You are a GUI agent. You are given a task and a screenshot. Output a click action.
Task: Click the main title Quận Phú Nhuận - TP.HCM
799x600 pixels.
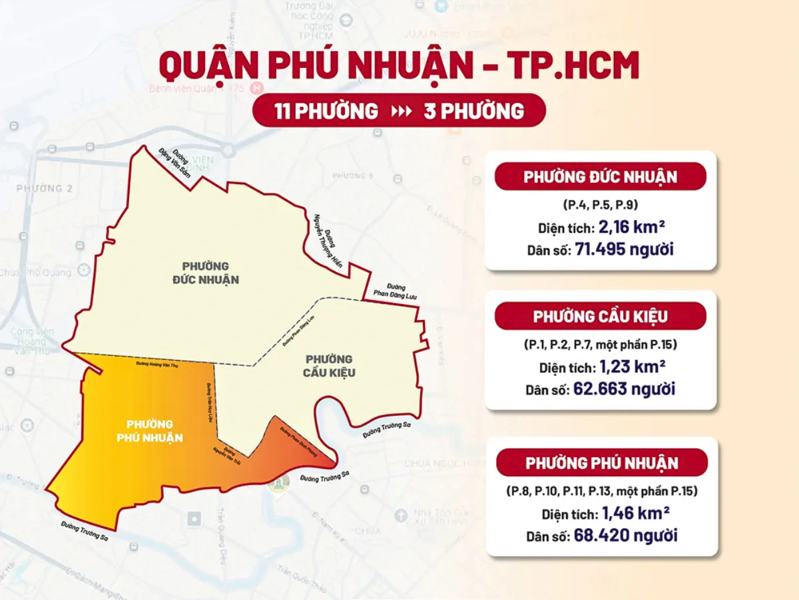point(399,66)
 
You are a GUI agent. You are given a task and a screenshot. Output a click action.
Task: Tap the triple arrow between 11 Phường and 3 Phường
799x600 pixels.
point(401,111)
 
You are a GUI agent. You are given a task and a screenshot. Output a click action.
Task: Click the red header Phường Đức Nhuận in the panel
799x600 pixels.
point(600,177)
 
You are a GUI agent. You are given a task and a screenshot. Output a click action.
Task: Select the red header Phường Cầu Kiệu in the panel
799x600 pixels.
point(600,316)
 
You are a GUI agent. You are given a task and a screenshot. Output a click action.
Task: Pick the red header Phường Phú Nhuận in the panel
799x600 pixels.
point(601,463)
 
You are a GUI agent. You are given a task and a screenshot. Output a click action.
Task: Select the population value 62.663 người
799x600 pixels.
point(624,388)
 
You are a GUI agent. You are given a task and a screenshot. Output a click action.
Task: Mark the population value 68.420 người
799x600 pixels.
point(625,535)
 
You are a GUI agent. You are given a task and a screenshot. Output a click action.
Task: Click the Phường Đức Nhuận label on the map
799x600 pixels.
point(201,273)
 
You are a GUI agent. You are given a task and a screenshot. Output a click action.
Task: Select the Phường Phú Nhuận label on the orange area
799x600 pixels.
point(150,430)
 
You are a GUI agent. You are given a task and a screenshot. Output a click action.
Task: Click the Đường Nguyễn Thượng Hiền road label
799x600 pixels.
point(328,240)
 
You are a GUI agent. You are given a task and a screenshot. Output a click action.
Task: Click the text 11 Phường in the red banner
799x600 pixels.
point(326,111)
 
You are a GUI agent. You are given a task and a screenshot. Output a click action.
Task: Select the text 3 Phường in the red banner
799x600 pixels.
point(473,111)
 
